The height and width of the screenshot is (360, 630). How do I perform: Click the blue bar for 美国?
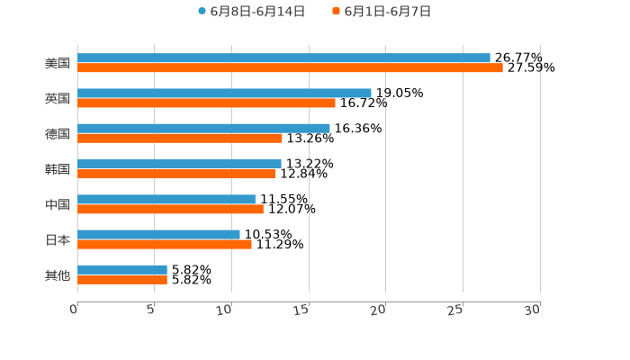(283, 58)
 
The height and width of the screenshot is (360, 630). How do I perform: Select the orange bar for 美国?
(290, 67)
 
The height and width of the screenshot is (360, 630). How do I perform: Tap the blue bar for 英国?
(224, 93)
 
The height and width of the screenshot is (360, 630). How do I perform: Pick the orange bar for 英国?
(206, 103)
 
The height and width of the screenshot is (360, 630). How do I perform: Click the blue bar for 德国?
(203, 128)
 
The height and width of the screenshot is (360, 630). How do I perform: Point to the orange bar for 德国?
(180, 138)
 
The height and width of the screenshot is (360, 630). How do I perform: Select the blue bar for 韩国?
(179, 164)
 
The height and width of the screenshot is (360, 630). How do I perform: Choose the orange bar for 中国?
(170, 209)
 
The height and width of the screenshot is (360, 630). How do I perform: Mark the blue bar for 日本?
(158, 234)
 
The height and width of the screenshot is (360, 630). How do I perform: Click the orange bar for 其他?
(122, 279)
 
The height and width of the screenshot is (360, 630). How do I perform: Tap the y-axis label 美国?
(58, 63)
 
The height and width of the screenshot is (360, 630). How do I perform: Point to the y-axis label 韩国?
(58, 169)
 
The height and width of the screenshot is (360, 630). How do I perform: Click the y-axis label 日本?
(58, 239)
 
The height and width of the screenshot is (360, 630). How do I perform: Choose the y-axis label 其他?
(58, 274)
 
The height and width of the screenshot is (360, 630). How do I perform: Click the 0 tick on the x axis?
(74, 310)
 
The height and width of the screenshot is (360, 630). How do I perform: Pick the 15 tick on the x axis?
(301, 310)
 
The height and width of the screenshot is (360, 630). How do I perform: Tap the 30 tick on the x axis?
(532, 310)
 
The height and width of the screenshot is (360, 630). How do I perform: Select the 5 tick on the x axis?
(151, 310)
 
